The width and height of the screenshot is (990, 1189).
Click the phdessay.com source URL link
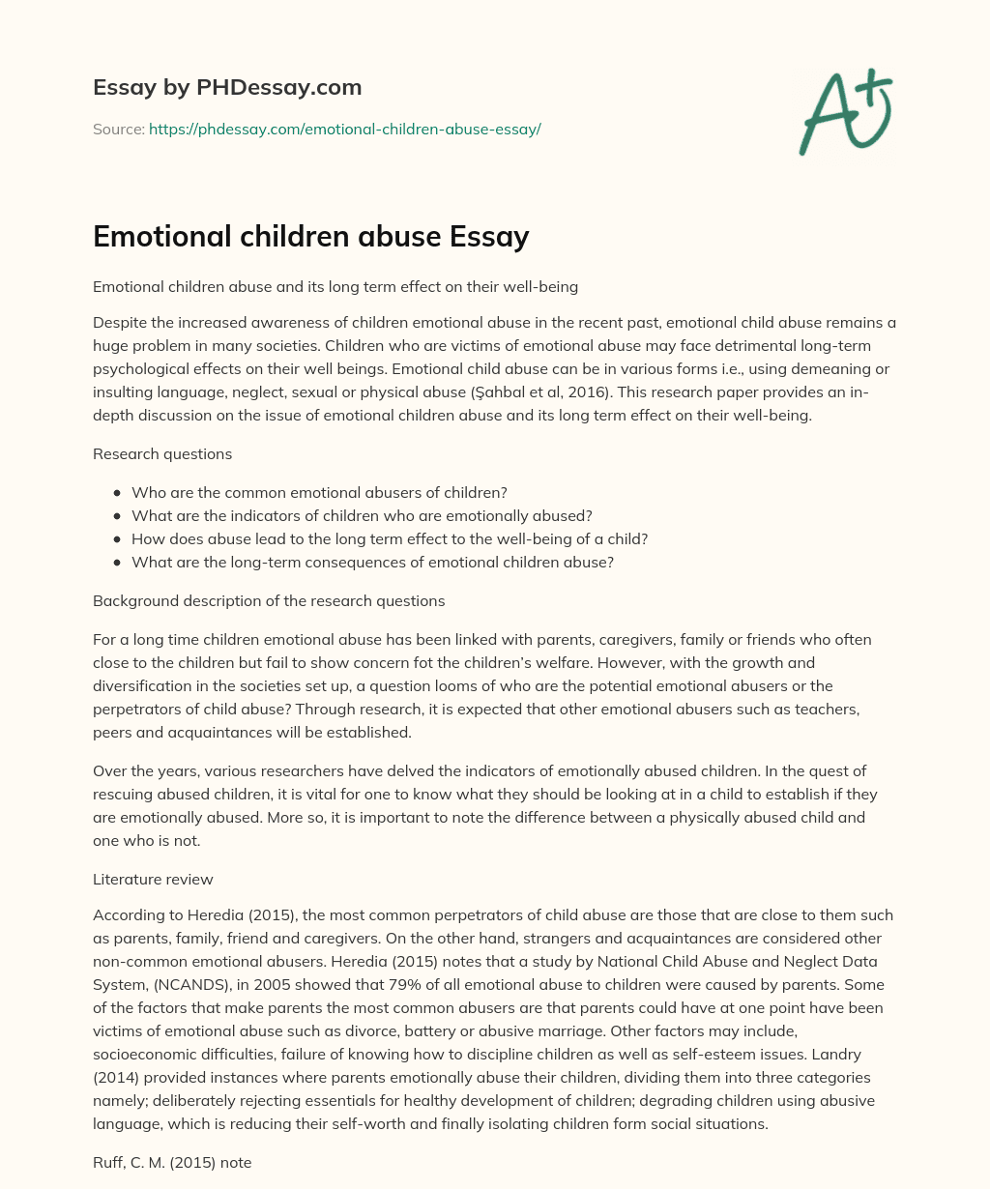pos(344,129)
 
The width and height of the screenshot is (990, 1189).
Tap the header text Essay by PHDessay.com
pos(227,87)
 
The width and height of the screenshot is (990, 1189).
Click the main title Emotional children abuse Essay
pos(310,236)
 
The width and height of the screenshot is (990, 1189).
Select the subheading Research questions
pos(162,453)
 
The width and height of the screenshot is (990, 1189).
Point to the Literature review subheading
pos(153,879)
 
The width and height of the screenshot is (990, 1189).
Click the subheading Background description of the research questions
pos(269,600)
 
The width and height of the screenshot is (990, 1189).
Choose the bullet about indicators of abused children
pos(362,515)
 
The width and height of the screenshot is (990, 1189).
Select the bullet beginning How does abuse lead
pos(390,538)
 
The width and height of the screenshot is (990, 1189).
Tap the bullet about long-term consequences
pos(372,562)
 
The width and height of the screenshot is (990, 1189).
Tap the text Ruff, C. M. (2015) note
pos(172,1163)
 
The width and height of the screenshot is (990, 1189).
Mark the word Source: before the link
pos(119,129)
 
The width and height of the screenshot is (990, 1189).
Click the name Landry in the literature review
pos(868,1055)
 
